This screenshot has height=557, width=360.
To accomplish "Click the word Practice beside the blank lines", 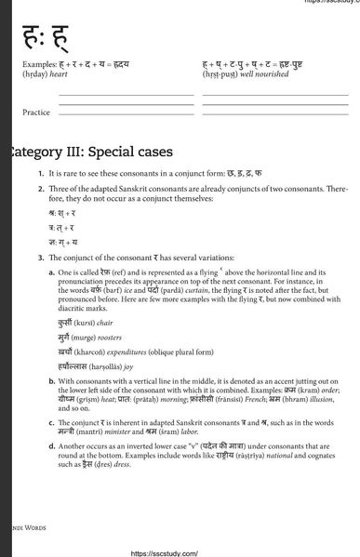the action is click(x=36, y=112).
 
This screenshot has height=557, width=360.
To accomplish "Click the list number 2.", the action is click(x=41, y=187).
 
